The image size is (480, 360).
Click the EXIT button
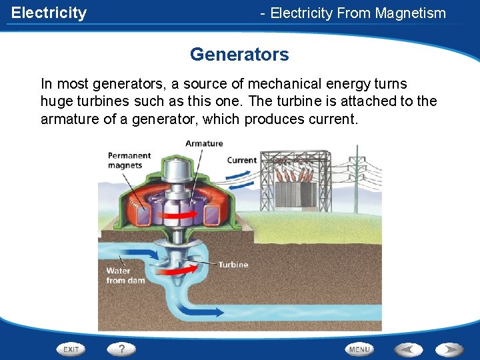coord(71,349)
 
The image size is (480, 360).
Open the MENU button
coord(359,349)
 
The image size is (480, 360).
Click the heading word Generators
coord(239,54)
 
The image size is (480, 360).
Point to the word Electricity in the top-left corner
coord(49,13)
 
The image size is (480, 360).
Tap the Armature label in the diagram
coord(204,143)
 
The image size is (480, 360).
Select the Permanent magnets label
coord(129,161)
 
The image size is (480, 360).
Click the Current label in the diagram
coord(241,160)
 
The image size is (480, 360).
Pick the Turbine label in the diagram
coord(233,265)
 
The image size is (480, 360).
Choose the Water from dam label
coord(125,276)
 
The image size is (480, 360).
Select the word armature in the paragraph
coord(69,119)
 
